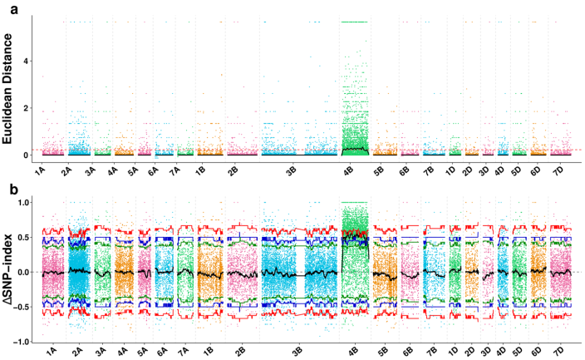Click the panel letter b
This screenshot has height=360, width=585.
click(6, 190)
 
